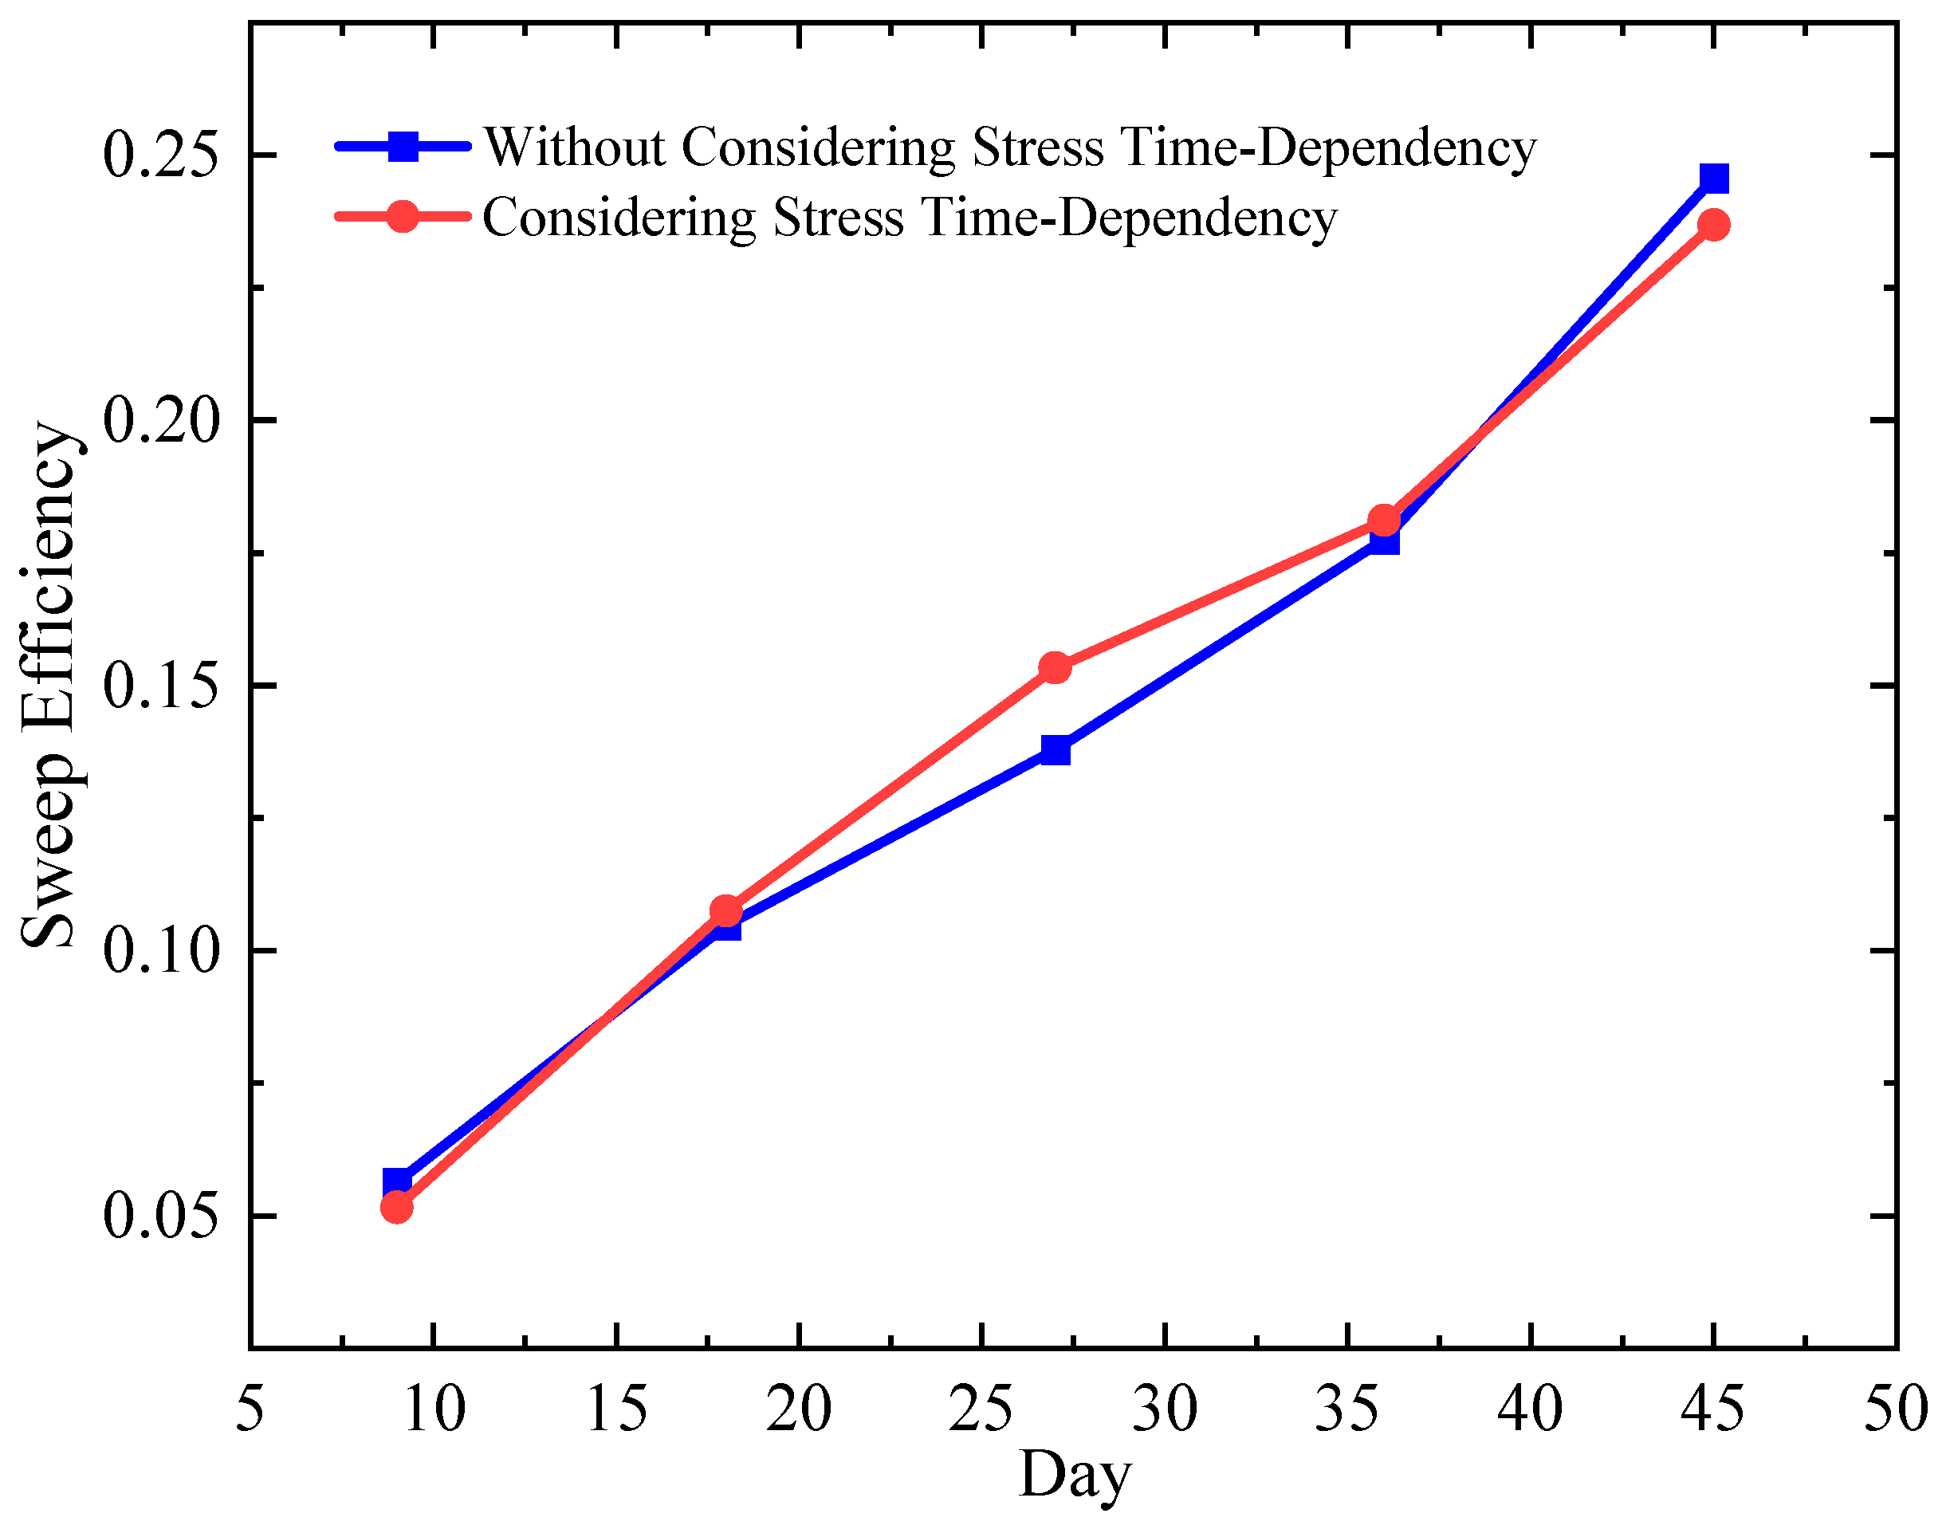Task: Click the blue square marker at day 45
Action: pos(1713,178)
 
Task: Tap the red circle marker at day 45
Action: pos(1713,223)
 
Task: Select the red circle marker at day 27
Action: pos(1056,667)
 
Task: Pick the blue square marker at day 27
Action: pos(1056,749)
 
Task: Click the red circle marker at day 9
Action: pos(397,1207)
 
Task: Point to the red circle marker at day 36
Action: pos(1384,521)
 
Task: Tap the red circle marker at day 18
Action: pos(726,911)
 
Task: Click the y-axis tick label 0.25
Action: pos(162,155)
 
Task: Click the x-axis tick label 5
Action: pos(250,1409)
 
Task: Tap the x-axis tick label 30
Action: pos(1164,1409)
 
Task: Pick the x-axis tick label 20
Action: pos(798,1409)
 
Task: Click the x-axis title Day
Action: pos(1075,1476)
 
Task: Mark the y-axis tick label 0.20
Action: pos(162,420)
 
